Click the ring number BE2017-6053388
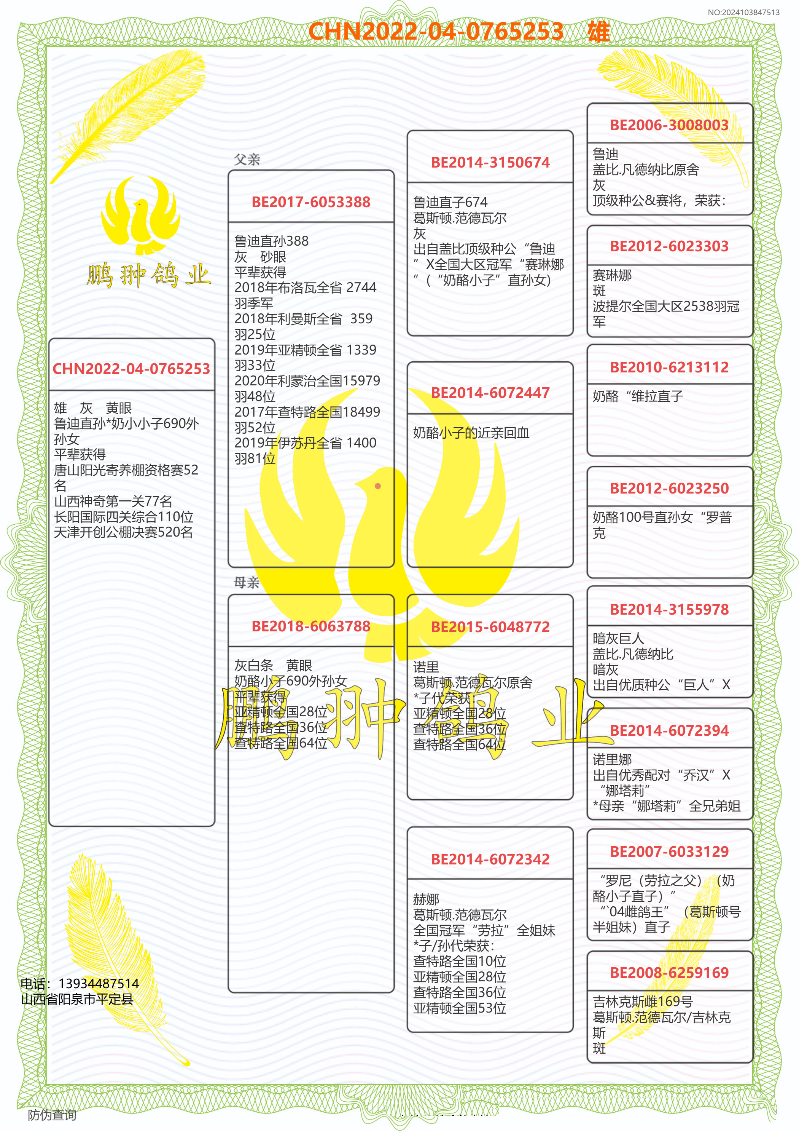point(310,202)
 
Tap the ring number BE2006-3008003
point(669,125)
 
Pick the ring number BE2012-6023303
point(669,246)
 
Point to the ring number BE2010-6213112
point(669,367)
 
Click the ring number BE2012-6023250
point(669,488)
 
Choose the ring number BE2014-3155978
point(669,609)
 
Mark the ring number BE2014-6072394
point(669,730)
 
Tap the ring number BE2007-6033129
point(669,852)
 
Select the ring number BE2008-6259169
point(669,973)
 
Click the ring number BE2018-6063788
point(310,626)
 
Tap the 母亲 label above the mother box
point(247,583)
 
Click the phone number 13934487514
point(99,984)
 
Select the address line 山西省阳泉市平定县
point(77,999)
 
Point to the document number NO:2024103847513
point(743,12)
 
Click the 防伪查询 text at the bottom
point(52,1115)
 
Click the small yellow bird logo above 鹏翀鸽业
point(140,214)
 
